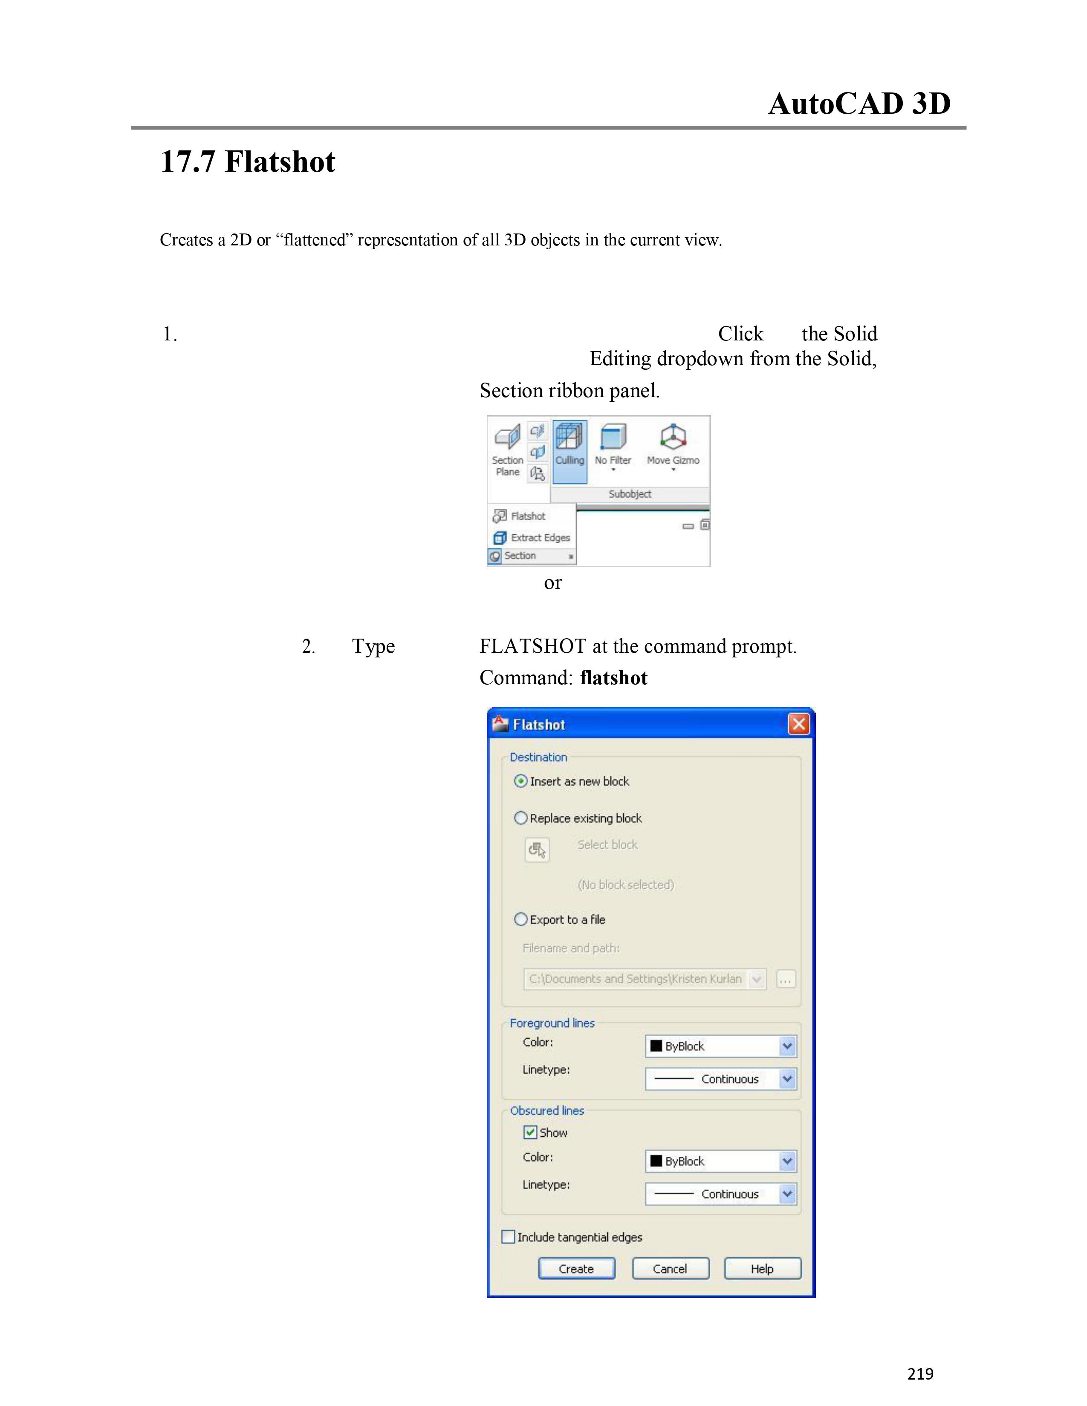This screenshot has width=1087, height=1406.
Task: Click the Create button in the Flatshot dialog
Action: click(576, 1268)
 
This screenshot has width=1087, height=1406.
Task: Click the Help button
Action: click(763, 1268)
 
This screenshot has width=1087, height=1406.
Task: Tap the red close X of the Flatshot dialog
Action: click(798, 724)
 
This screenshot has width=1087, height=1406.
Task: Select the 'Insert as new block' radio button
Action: click(521, 781)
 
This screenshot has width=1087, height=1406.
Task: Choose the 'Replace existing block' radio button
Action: click(521, 818)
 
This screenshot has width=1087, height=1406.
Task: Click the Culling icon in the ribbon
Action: click(569, 436)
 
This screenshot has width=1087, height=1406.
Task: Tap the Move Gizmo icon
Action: click(673, 436)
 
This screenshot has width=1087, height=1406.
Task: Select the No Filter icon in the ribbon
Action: click(613, 436)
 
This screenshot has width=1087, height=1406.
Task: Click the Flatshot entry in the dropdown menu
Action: click(520, 516)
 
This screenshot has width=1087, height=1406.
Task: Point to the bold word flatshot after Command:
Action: click(614, 678)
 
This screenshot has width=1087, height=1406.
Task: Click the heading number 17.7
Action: click(188, 161)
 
